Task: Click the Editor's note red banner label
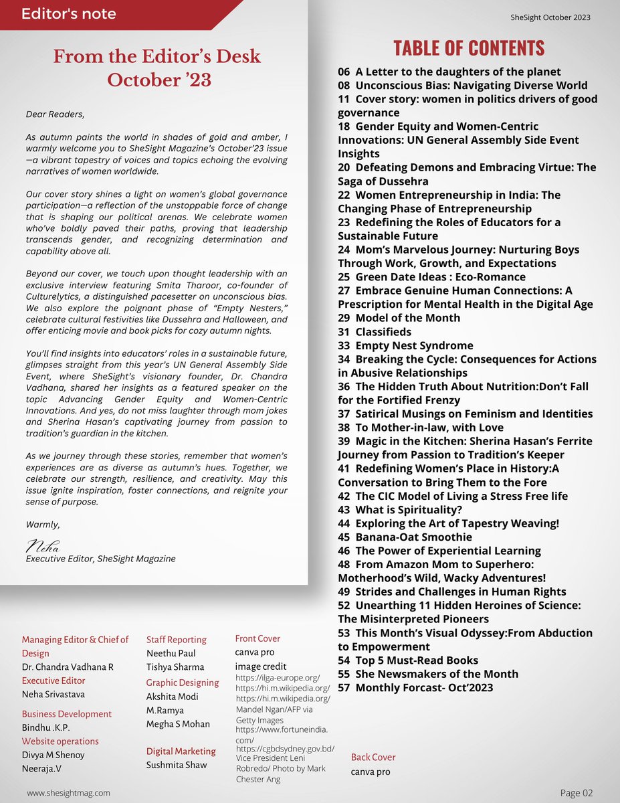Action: click(x=68, y=13)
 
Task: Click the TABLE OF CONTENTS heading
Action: click(x=468, y=48)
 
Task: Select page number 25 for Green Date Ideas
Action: click(x=344, y=277)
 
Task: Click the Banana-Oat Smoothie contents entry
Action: click(x=413, y=537)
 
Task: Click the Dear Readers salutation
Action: click(x=56, y=114)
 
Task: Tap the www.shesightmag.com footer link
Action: click(x=68, y=793)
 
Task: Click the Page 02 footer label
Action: click(x=576, y=793)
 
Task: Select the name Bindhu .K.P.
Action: click(x=45, y=728)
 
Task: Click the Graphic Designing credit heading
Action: click(x=182, y=683)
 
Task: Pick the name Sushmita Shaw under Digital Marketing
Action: click(x=177, y=765)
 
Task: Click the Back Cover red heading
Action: click(x=373, y=757)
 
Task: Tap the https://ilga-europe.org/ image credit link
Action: click(x=278, y=678)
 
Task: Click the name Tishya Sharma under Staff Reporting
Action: click(x=175, y=667)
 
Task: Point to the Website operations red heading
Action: click(x=60, y=741)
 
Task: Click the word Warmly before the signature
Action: click(x=41, y=525)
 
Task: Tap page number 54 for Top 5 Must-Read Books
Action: click(x=344, y=660)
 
